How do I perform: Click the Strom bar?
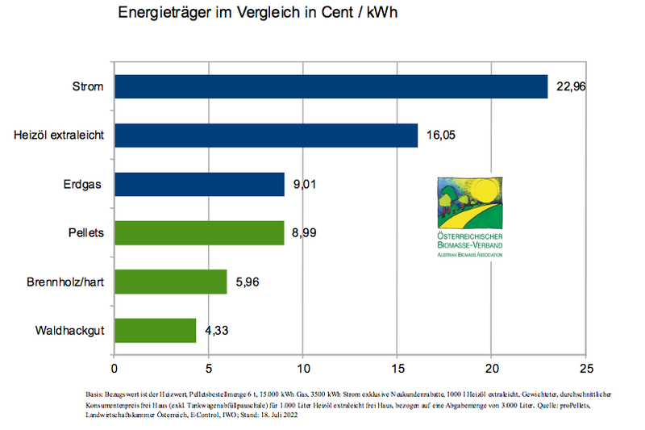(x=331, y=86)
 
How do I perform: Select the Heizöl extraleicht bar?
(x=266, y=136)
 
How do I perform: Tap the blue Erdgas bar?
(x=199, y=184)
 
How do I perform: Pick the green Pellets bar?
(x=199, y=233)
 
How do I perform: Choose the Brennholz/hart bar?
(x=171, y=282)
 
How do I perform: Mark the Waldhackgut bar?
(x=156, y=331)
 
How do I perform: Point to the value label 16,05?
(x=440, y=136)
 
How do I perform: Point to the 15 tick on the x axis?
(x=397, y=369)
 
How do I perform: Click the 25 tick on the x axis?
(x=586, y=369)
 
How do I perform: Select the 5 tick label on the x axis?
(x=209, y=369)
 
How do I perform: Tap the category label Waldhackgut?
(x=69, y=331)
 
